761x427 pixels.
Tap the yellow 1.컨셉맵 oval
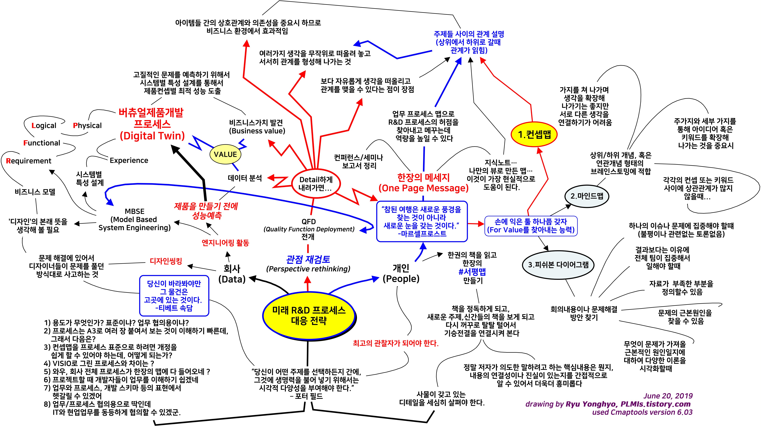point(534,134)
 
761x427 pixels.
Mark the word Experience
point(129,160)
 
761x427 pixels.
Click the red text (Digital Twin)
point(152,136)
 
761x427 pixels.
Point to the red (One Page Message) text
point(423,188)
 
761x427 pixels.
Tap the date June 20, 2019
point(668,396)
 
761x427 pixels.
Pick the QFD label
point(309,221)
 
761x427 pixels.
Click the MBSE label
point(135,211)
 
